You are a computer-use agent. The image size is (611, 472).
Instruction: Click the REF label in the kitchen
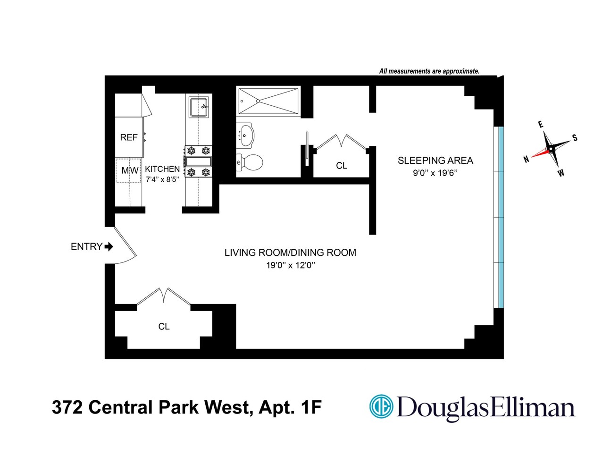point(129,137)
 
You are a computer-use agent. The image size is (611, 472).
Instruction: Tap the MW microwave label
point(130,170)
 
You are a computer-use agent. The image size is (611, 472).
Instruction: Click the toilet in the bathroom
point(250,162)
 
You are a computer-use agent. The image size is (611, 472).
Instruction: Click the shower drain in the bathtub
point(258,101)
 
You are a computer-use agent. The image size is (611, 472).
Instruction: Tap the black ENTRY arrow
point(109,246)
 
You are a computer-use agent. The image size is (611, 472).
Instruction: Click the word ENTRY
point(86,246)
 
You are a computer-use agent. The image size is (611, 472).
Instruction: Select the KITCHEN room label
point(162,169)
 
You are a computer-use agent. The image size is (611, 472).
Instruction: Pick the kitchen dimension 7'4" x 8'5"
point(162,179)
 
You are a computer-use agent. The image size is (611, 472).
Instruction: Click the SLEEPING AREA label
point(435,160)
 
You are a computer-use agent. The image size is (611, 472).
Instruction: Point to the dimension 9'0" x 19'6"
point(435,173)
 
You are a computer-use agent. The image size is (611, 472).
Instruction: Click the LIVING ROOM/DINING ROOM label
point(290,253)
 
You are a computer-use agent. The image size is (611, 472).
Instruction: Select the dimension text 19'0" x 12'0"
point(290,265)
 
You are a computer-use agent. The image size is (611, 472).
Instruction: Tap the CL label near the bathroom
point(342,166)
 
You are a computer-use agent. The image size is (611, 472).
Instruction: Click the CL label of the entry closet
point(164,327)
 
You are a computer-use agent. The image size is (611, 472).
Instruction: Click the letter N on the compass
point(527,160)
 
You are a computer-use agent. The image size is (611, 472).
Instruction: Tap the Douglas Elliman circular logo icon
point(381,407)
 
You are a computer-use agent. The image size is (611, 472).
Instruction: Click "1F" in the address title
point(311,407)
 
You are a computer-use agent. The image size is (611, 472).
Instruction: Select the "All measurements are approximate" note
point(429,71)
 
